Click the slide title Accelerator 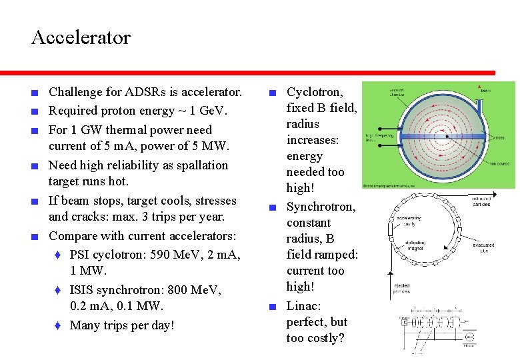[81, 37]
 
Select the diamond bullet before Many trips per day [58, 325]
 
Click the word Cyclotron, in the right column [315, 92]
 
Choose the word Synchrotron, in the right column [321, 207]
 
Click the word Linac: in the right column [304, 306]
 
